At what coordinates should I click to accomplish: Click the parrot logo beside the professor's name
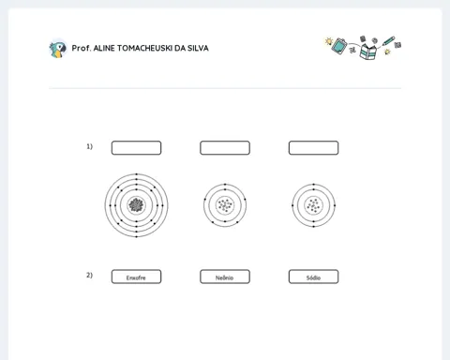point(58,49)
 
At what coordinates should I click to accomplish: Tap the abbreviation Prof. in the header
point(82,48)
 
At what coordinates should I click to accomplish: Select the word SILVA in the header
point(198,48)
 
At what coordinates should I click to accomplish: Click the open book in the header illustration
point(367,52)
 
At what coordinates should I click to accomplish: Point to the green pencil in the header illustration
point(388,41)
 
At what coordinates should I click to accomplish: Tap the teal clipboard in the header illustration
point(339,46)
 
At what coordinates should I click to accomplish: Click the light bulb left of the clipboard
point(328,41)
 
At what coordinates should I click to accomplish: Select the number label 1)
point(89,146)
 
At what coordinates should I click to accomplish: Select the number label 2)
point(89,275)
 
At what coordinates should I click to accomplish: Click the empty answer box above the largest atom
point(136,148)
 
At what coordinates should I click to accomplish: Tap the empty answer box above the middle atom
point(225,148)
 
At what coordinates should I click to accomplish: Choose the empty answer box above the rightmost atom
point(313,148)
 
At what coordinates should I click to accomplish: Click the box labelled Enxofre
point(136,277)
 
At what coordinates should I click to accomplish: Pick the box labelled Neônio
point(225,277)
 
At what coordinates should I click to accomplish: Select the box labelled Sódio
point(313,277)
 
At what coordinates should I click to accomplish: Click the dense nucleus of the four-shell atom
point(136,205)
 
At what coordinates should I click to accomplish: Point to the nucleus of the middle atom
point(225,205)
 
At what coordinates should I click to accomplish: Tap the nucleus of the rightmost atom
point(313,205)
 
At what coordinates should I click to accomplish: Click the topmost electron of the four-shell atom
point(136,174)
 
